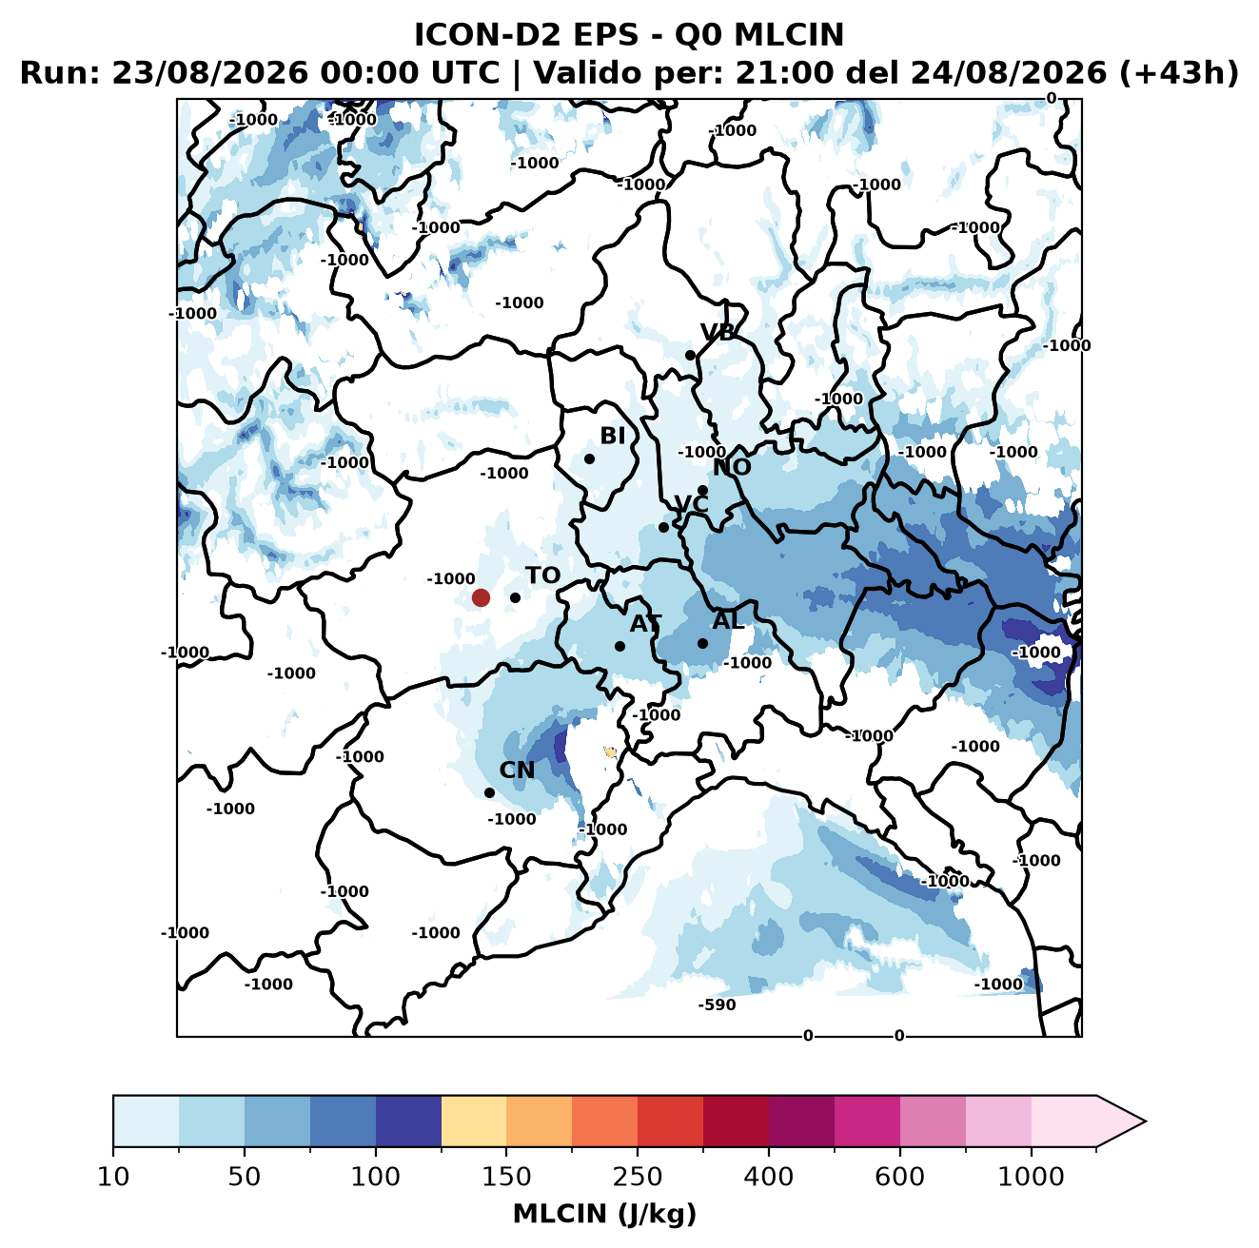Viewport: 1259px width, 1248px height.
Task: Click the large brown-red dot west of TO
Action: [x=481, y=597]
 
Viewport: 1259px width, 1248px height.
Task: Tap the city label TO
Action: [x=543, y=575]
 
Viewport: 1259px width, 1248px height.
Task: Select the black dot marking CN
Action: [x=489, y=792]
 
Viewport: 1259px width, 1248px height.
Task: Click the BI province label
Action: [x=613, y=436]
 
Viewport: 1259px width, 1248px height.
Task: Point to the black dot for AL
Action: [x=702, y=643]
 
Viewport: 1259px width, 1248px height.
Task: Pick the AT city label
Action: [x=645, y=624]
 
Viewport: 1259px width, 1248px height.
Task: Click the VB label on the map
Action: [x=718, y=332]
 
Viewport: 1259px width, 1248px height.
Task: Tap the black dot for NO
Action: [x=702, y=490]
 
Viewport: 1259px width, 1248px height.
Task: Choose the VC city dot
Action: [x=664, y=527]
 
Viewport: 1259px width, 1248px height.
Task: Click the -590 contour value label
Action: [x=717, y=1004]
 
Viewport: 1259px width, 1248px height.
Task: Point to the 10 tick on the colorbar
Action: [x=113, y=1177]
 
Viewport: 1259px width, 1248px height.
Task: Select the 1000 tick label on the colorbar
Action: [x=1031, y=1177]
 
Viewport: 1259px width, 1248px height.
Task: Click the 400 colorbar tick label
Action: [x=769, y=1177]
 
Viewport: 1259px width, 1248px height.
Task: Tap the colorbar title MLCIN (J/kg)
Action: [x=604, y=1214]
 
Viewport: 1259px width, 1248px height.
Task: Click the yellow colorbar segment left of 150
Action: [x=474, y=1121]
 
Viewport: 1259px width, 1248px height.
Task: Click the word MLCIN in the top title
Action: [x=789, y=34]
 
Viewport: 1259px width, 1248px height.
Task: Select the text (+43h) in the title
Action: [x=1178, y=73]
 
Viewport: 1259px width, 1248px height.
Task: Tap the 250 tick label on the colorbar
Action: [x=638, y=1177]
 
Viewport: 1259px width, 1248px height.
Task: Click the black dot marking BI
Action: [x=589, y=459]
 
